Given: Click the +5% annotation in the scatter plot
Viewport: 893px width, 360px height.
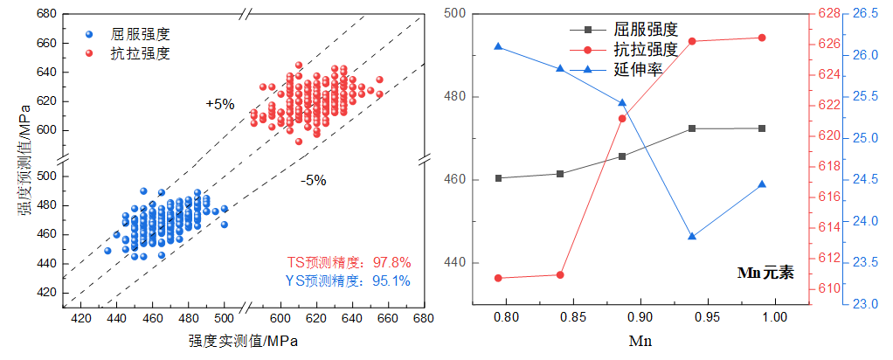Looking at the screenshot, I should point(220,104).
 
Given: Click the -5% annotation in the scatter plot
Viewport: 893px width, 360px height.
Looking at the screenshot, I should point(313,181).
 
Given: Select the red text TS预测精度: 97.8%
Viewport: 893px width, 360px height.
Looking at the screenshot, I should point(349,262).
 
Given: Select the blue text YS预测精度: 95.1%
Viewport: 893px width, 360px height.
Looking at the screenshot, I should point(349,281).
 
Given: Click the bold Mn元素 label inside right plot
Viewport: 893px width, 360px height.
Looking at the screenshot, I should point(765,272).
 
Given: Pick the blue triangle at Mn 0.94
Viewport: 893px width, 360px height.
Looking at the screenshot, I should point(692,236).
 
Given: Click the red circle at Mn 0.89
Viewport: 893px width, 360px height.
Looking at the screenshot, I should point(622,119).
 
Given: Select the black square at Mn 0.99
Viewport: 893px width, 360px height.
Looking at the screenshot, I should point(762,128).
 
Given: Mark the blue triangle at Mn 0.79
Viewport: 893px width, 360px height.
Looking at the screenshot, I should point(498,46).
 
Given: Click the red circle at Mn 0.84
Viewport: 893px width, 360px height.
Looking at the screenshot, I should point(560,274).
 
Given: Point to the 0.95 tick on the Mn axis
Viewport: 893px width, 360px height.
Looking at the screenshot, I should point(708,315).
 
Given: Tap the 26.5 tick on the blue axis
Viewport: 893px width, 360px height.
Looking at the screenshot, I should point(865,13).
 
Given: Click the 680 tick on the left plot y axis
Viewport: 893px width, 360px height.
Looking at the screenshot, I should point(46,14).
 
